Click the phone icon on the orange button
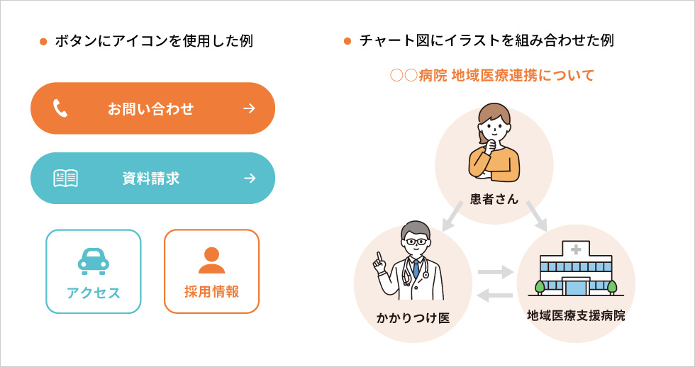pos(60,108)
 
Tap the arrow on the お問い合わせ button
pos(250,108)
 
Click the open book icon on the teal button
pos(65,179)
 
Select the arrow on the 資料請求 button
pos(250,178)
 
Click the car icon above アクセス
pos(94,261)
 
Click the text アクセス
pos(94,293)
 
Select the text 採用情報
pos(211,292)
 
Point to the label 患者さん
pos(494,199)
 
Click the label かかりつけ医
pos(413,317)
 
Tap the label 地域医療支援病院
pos(576,316)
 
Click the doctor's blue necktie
pos(416,269)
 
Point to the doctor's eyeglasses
pos(416,242)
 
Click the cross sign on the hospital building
pos(576,250)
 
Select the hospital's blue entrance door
pos(576,287)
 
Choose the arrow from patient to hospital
pos(536,216)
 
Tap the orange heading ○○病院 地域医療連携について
pos(492,76)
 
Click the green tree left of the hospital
pos(540,288)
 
